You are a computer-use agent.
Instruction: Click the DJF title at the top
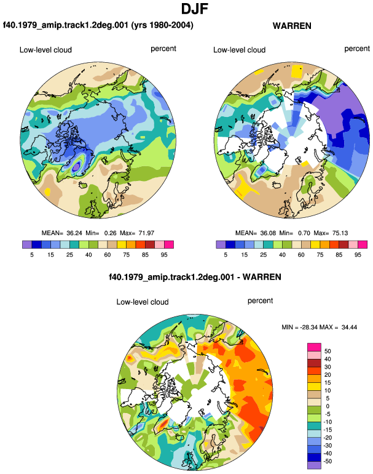tap(195, 9)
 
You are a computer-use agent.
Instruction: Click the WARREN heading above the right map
tap(292, 26)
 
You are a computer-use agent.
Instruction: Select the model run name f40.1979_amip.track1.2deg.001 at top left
tap(66, 25)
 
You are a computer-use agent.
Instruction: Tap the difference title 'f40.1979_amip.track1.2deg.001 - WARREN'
tap(195, 277)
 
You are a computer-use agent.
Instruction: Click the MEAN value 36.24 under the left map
tap(74, 233)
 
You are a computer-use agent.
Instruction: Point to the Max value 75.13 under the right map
tap(340, 233)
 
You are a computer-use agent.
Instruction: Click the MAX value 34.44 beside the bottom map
tap(349, 327)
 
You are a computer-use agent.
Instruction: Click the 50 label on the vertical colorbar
tap(328, 351)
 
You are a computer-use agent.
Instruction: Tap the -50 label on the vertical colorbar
tap(328, 461)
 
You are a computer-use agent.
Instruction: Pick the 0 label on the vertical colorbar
tap(328, 406)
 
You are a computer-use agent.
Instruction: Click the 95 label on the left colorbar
tap(164, 254)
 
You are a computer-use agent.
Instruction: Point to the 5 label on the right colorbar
tap(226, 254)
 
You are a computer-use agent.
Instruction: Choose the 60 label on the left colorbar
tap(107, 254)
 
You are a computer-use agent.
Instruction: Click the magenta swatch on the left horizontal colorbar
tap(169, 244)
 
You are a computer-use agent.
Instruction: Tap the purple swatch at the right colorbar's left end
tap(221, 244)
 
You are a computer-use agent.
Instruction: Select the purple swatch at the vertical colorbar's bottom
tap(314, 465)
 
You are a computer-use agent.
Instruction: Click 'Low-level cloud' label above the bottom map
tap(143, 302)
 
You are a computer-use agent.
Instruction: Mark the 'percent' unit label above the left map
tap(163, 49)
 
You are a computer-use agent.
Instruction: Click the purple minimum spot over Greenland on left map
tap(77, 166)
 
